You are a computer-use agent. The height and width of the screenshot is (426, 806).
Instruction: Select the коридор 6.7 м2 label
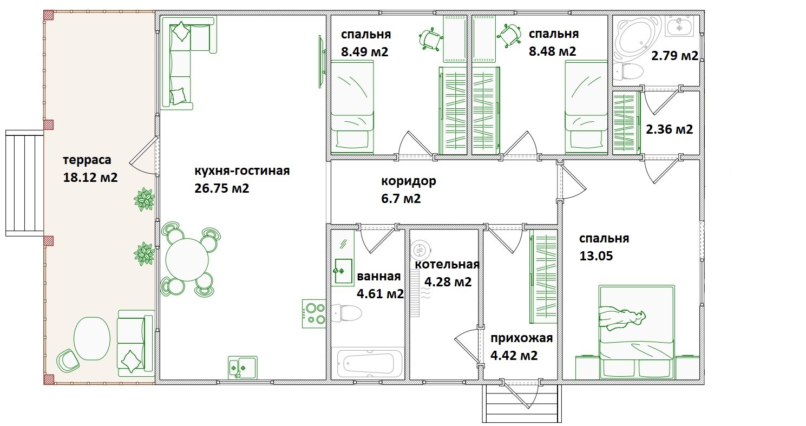408,189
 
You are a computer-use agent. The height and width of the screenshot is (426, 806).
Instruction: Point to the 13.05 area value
595,256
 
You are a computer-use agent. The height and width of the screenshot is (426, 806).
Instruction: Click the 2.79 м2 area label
674,55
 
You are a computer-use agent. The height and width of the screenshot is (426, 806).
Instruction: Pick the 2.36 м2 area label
669,129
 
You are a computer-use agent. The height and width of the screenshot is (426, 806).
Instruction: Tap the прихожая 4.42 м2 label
521,347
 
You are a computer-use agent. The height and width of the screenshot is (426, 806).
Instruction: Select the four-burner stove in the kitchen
313,313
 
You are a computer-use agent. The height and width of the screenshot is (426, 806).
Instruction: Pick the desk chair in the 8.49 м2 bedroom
431,40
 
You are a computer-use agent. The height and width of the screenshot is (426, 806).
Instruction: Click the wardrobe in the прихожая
543,277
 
